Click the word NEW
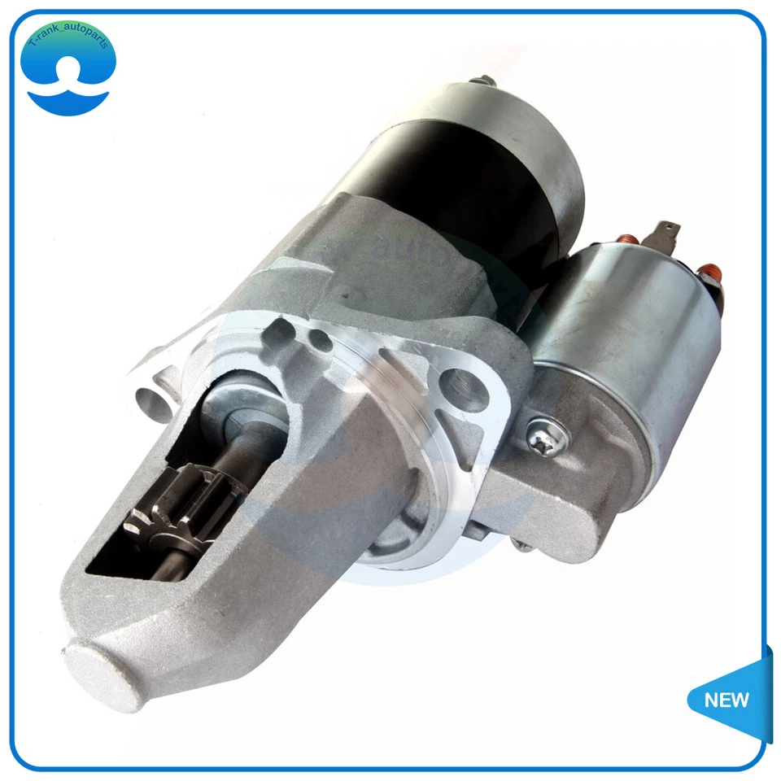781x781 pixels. [x=727, y=700]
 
